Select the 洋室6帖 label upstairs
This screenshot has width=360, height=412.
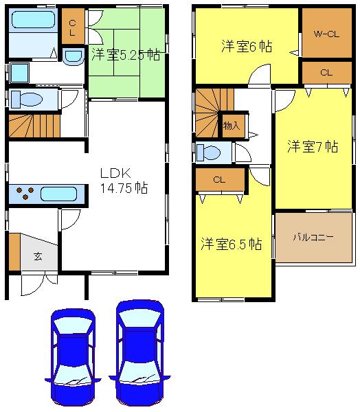tap(246, 47)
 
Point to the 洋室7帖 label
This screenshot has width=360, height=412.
tap(312, 146)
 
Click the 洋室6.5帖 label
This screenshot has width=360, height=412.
tap(231, 244)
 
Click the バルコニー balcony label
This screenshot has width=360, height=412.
tap(313, 238)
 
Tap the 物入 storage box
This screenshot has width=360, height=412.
tap(232, 126)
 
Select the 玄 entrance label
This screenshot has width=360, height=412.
tap(36, 257)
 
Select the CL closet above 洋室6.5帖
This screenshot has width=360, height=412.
tap(220, 180)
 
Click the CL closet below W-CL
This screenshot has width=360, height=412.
tap(326, 72)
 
